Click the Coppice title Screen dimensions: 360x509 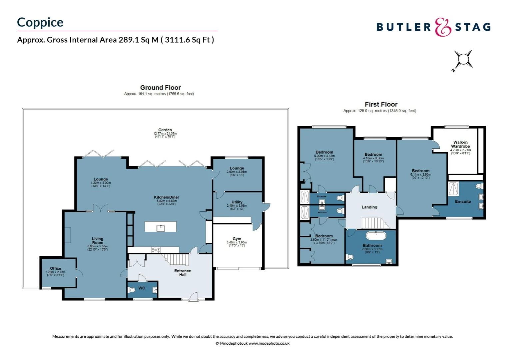(x=40, y=22)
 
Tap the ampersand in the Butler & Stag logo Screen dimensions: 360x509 (x=443, y=27)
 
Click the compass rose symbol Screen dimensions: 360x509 (x=463, y=60)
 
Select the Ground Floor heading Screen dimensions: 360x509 (x=160, y=88)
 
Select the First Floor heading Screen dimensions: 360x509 (x=381, y=104)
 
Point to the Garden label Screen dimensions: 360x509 (x=165, y=130)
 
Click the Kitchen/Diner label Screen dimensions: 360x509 (x=166, y=197)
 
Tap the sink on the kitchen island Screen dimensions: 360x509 (x=161, y=228)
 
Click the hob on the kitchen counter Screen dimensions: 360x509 (x=156, y=249)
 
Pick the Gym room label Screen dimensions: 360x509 (x=237, y=239)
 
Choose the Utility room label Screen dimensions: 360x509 (x=237, y=202)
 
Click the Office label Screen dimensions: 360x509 (x=55, y=268)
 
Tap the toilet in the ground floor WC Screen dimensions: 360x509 (x=132, y=290)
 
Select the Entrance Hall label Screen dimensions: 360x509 (x=183, y=273)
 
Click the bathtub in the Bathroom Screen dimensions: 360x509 (x=376, y=236)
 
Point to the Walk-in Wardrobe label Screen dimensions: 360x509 (x=460, y=144)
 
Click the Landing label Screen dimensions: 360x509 (x=369, y=207)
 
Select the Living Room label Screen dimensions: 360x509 (x=98, y=241)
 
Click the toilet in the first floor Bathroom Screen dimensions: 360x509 (x=350, y=257)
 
